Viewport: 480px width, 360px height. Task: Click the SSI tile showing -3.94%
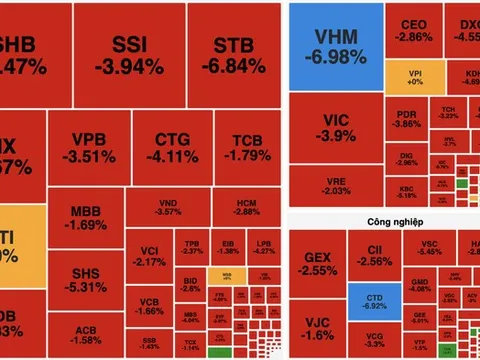pyautogui.click(x=136, y=56)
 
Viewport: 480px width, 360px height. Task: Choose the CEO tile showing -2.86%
pyautogui.click(x=413, y=30)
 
